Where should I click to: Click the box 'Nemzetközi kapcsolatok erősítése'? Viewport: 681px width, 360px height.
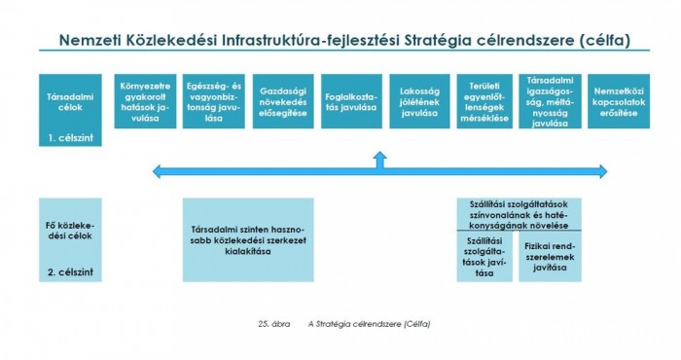619,106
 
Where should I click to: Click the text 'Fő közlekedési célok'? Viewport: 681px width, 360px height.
69,232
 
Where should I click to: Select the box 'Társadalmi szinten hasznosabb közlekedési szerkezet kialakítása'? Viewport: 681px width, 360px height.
248,238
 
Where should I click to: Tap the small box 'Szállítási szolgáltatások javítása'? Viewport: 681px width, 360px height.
484,257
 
